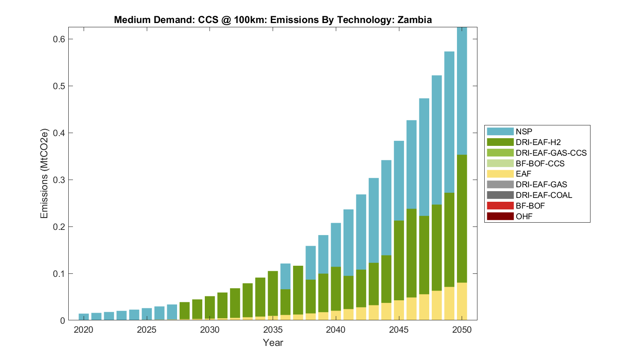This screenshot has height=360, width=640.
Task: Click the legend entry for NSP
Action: coord(524,132)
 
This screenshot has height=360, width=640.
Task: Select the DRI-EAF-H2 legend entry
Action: coord(538,142)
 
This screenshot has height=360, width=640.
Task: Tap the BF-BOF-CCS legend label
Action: coord(540,163)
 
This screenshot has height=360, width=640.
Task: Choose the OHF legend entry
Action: coord(524,216)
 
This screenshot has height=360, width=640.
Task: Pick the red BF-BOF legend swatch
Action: coord(500,206)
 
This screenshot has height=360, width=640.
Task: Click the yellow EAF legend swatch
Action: coord(500,174)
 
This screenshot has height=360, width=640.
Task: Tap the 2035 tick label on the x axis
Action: coord(273,330)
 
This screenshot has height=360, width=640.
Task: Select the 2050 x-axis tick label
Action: coord(462,330)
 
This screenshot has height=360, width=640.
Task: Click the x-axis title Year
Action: coord(273,343)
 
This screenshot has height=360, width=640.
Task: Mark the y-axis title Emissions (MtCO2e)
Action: coord(44,173)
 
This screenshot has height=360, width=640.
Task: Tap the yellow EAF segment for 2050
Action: coord(462,301)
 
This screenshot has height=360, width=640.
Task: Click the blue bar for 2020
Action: coord(84,317)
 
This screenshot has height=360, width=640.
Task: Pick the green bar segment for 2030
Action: coord(209,308)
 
